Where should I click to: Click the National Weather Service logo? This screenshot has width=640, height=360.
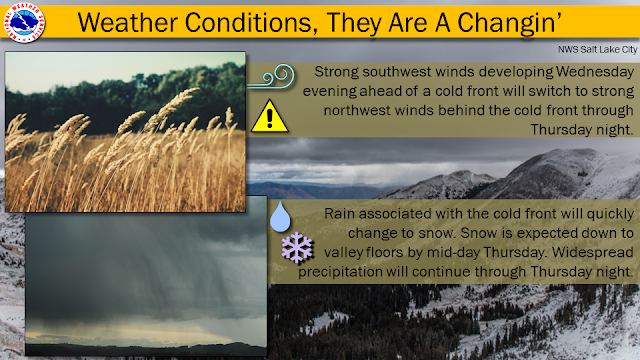pos(24,22)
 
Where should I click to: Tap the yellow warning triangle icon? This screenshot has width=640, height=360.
pos(269,116)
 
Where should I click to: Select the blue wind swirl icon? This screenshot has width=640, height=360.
pos(272,76)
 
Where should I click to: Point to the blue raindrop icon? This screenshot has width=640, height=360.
pos(280,216)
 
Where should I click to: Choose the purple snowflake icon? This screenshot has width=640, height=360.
pos(297,247)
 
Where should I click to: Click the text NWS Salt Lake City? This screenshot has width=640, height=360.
pos(598,49)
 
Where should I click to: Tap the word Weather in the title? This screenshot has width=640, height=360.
pos(127,22)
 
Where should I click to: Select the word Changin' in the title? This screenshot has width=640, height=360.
pos(510,23)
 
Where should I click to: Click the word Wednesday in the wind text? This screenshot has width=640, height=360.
pos(595,72)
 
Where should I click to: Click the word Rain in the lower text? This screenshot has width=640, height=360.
pos(340,213)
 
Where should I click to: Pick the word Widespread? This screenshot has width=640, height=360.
pos(593,252)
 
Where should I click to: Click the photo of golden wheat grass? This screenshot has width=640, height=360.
pos(125,132)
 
